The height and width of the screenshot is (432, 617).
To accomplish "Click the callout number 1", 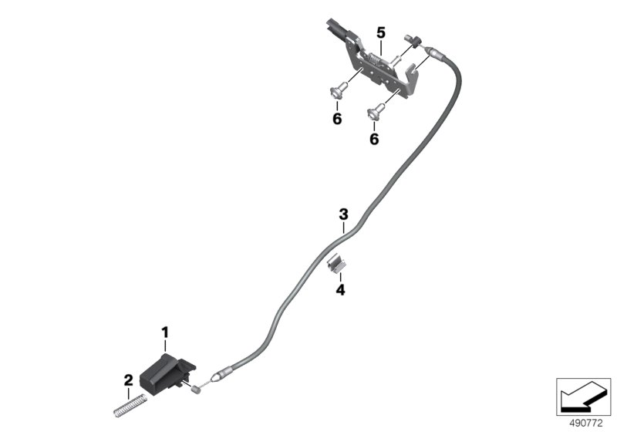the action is (x=165, y=332).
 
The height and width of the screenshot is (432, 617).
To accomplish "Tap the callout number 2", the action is (x=128, y=380).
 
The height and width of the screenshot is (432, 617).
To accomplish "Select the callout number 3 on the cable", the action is (x=343, y=214).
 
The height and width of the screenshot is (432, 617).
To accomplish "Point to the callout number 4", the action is (x=340, y=290).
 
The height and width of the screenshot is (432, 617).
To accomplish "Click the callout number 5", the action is (x=381, y=33).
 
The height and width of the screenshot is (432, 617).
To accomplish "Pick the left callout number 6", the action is (x=337, y=119).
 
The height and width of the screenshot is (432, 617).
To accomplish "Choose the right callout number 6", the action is (x=374, y=139).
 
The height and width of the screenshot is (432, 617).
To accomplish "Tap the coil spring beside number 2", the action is (x=130, y=407).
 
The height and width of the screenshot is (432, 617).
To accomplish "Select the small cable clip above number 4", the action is (x=335, y=262).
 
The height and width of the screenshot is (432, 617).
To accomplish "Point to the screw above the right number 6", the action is (x=376, y=110).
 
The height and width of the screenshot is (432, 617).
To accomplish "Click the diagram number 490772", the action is (x=586, y=424).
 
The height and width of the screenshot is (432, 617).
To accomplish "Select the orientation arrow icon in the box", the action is (x=583, y=396).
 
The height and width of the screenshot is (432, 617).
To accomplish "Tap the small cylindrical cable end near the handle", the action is (x=195, y=390).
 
